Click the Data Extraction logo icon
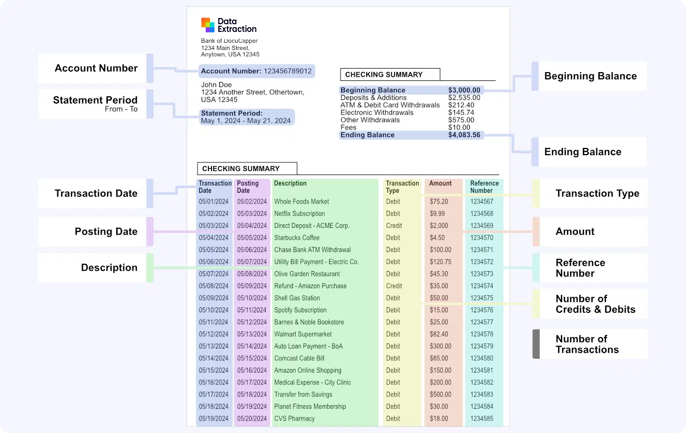point(208,25)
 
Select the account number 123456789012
point(288,71)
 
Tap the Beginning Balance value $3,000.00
point(464,90)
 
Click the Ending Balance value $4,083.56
point(464,135)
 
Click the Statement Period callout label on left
point(95,104)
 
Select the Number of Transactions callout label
point(587,344)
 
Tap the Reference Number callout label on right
point(580,268)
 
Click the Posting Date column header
point(248,187)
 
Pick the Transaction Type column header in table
point(402,187)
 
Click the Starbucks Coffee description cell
point(297,238)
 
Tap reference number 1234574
point(482,286)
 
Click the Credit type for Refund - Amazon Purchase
point(394,286)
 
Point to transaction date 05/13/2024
point(214,346)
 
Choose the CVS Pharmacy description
point(294,419)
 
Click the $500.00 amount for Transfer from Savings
point(440,394)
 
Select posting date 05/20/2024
point(252,419)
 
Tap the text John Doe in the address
point(216,85)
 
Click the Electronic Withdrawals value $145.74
point(461,112)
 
